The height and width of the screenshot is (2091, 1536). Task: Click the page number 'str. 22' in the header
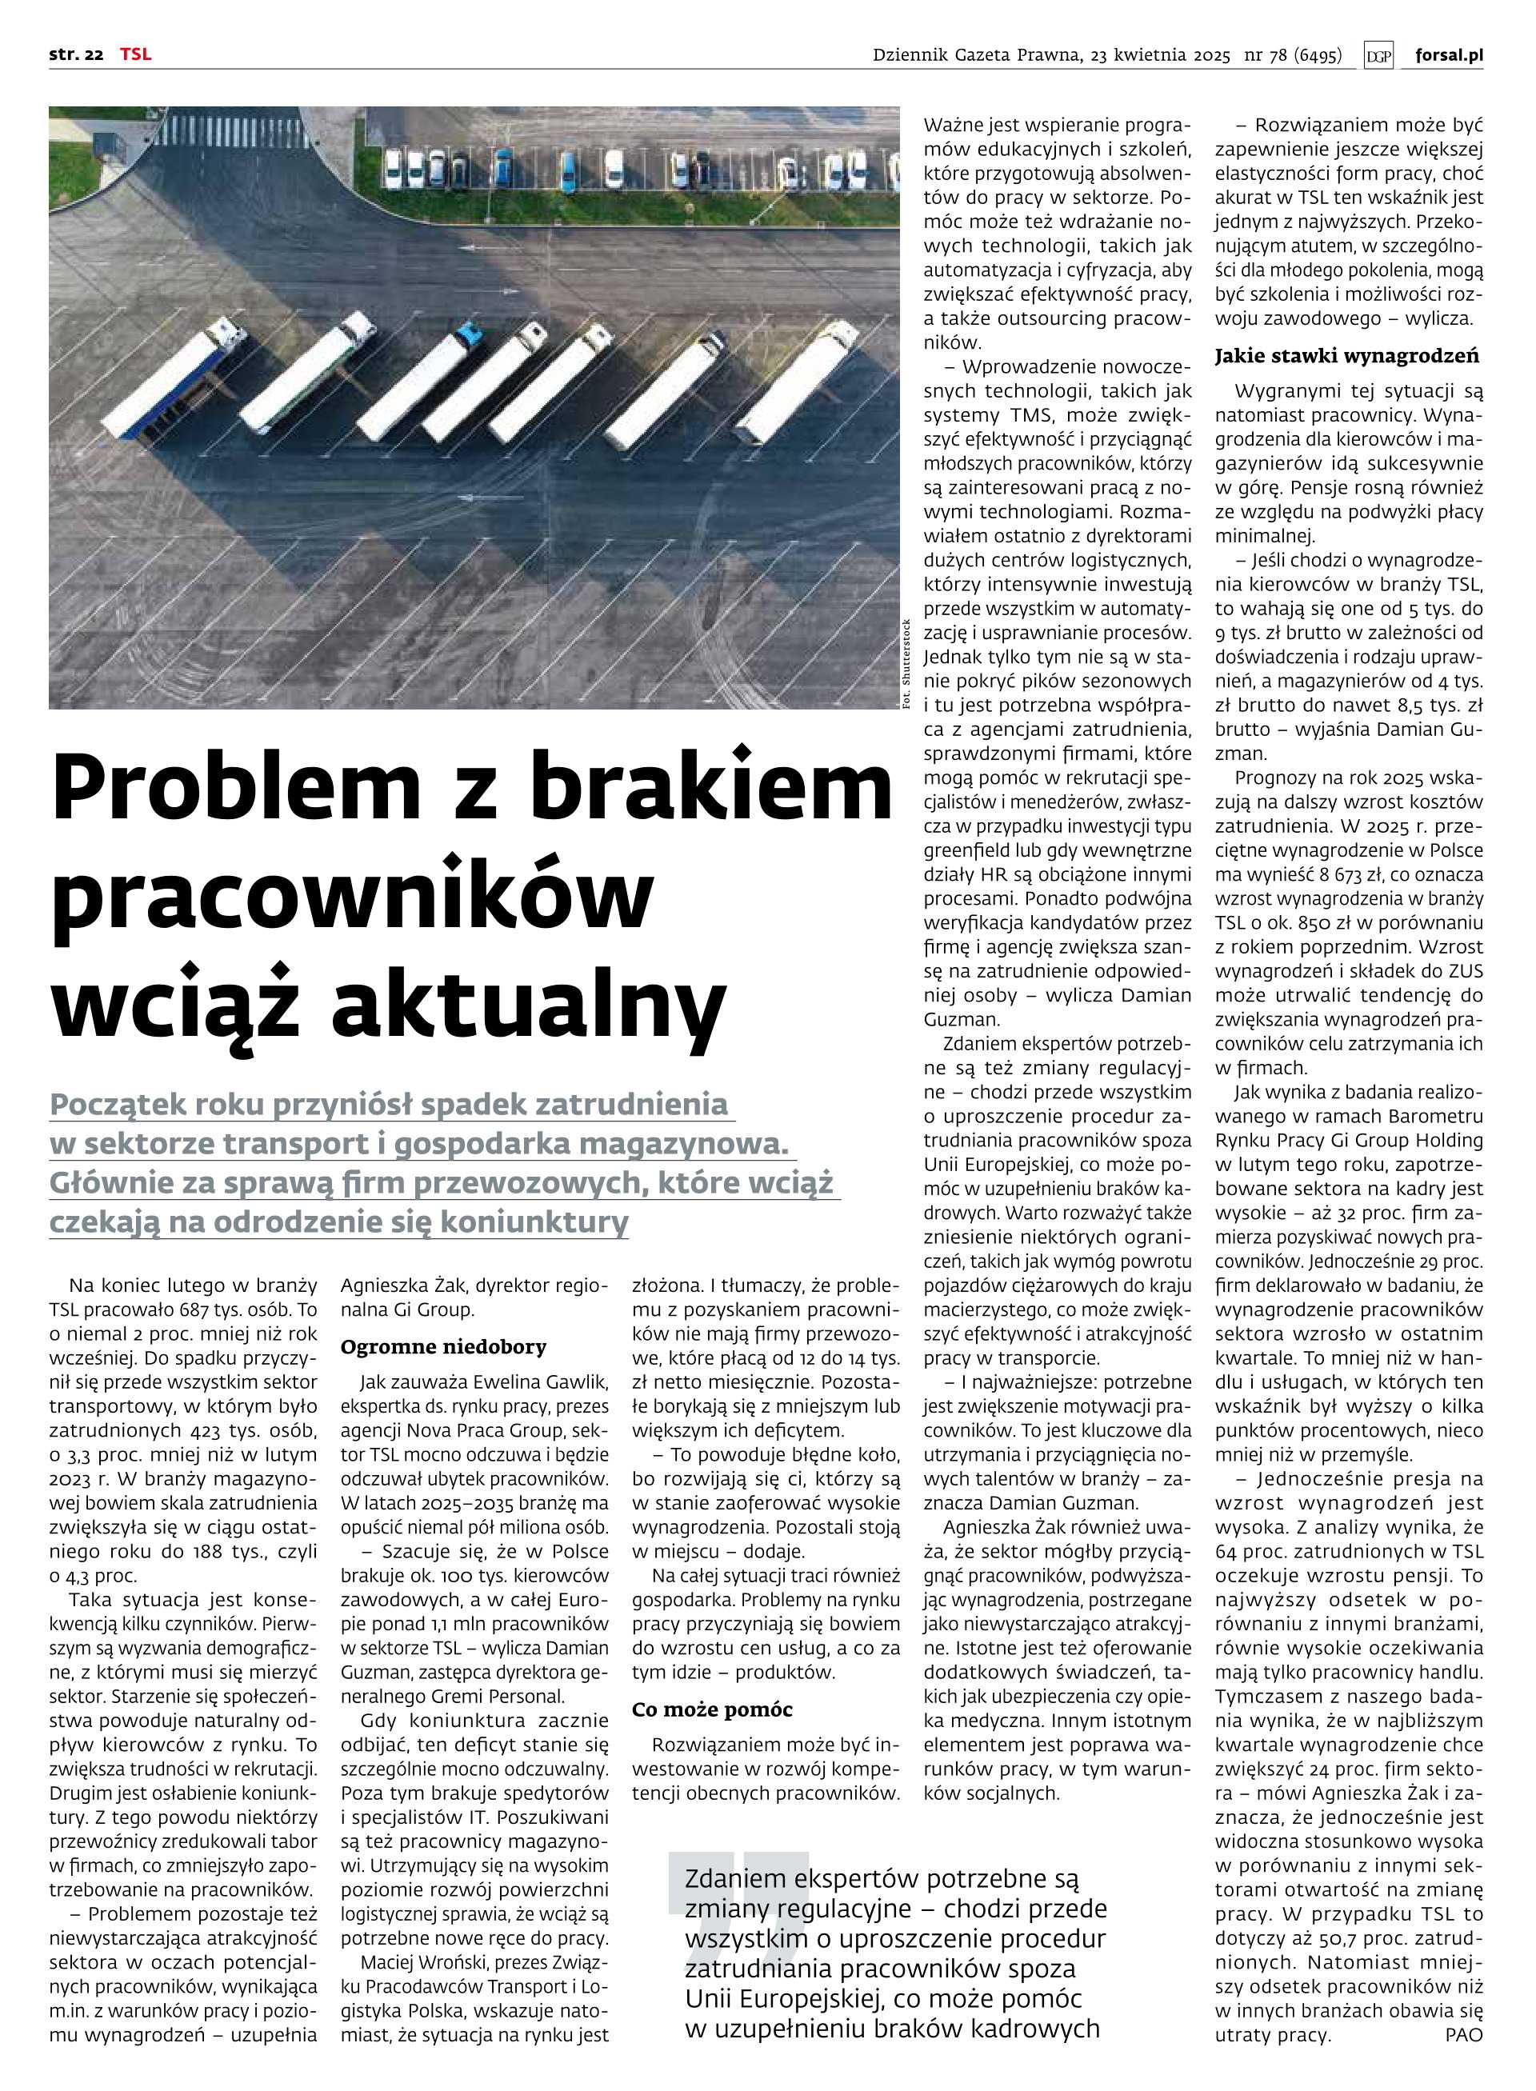(x=75, y=55)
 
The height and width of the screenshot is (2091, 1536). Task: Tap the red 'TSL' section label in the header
(x=135, y=55)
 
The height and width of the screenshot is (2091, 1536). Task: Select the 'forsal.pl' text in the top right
(x=1449, y=55)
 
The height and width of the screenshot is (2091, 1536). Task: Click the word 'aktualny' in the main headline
(x=527, y=1006)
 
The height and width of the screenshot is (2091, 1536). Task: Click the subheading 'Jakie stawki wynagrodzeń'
(x=1346, y=355)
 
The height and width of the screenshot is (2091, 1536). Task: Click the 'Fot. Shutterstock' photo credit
(x=907, y=664)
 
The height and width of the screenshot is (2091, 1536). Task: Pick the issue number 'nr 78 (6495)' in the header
(x=1292, y=56)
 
